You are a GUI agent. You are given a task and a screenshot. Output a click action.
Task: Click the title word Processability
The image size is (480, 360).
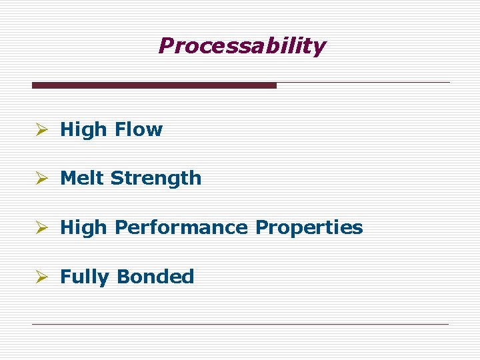click(242, 46)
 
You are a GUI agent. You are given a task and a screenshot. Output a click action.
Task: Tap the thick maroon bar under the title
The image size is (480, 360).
click(154, 85)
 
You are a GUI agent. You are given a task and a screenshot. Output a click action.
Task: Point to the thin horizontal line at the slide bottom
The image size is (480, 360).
click(240, 324)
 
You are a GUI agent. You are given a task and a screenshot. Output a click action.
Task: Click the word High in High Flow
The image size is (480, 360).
click(83, 129)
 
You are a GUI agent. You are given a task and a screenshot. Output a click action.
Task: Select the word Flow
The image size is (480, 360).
click(138, 129)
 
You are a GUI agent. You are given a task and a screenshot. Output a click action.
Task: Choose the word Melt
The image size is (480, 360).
click(82, 178)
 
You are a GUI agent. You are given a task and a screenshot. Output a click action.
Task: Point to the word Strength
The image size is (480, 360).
click(156, 179)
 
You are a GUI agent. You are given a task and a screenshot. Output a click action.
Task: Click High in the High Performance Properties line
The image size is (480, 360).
click(83, 227)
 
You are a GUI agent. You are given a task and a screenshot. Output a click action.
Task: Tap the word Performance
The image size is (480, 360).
click(181, 227)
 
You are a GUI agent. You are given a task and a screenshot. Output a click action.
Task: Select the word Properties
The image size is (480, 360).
click(309, 228)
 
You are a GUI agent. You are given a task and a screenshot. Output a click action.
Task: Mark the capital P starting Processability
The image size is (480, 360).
click(166, 46)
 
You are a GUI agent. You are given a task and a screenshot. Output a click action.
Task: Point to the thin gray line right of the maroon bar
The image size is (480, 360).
click(363, 83)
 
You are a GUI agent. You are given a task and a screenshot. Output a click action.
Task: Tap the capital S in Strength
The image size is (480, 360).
click(117, 178)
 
